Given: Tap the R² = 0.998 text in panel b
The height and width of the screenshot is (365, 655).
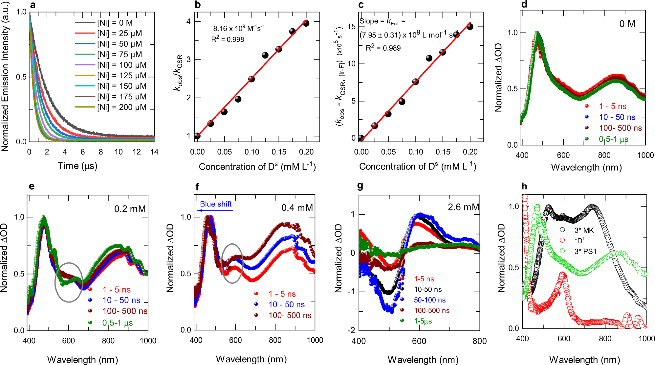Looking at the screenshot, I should click(228, 39).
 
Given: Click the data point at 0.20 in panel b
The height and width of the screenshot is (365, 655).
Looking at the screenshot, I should click(306, 23).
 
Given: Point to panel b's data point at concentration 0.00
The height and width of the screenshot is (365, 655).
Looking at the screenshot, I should click(197, 136).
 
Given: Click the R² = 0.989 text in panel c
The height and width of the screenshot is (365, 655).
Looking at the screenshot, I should click(383, 48).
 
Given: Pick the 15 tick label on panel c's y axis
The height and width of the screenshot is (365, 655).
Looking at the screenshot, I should click(352, 27).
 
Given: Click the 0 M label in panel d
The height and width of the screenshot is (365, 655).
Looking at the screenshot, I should click(627, 24).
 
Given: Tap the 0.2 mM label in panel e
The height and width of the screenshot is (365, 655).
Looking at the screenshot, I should click(130, 209).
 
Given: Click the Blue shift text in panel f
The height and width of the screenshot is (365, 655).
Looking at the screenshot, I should click(216, 204).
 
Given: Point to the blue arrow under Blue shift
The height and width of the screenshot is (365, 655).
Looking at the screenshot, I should click(216, 210).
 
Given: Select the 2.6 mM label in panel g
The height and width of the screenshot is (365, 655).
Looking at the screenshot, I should click(463, 207).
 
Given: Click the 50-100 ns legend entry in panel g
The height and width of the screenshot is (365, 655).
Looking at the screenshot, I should click(429, 300).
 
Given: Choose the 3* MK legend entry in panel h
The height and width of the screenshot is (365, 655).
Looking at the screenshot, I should click(584, 231).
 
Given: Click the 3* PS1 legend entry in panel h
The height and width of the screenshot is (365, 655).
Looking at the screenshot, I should click(585, 252).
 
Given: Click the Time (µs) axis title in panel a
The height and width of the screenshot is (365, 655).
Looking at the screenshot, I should click(77, 166).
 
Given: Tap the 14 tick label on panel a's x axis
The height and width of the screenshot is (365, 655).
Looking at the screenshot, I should click(154, 152).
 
